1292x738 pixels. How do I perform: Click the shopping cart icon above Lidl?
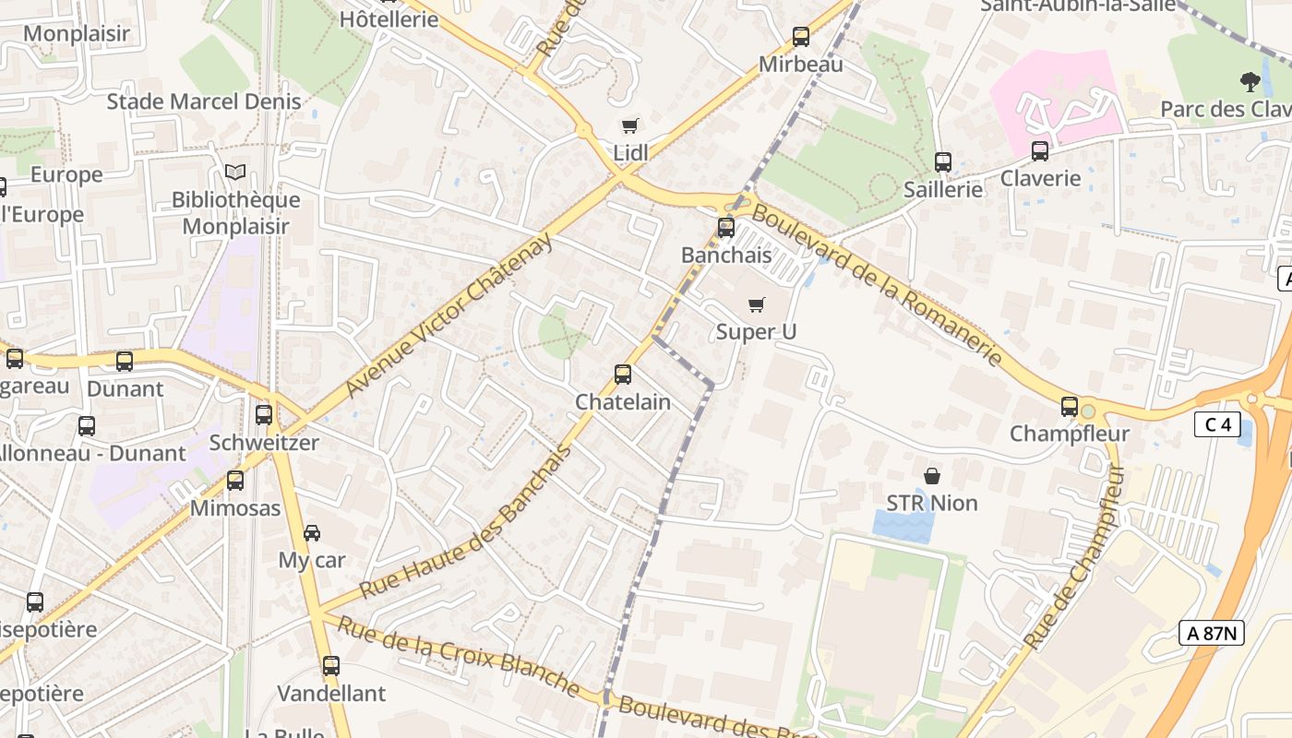pos(629,125)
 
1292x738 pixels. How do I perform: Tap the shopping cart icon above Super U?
pos(757,304)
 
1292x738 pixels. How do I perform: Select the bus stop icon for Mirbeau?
pos(801,37)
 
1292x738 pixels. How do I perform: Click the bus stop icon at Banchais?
pos(726,227)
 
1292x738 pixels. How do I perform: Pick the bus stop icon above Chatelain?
pos(623,374)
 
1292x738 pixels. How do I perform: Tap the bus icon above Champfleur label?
pos(1069,406)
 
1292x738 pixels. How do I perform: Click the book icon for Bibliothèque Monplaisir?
pos(235,173)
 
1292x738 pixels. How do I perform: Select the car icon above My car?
pos(312,532)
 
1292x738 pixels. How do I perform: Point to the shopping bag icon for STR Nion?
pos(932,476)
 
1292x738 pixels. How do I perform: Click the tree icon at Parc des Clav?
pos(1250,81)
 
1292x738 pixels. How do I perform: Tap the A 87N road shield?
pos(1212,633)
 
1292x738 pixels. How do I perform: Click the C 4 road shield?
pos(1217,424)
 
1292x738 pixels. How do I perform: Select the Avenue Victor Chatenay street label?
pos(449,315)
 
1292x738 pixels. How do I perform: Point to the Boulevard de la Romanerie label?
pos(877,284)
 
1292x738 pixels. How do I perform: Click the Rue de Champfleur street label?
pos(1076,556)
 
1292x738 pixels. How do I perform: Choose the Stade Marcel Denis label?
pos(204,101)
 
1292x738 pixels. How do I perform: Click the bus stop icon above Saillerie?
pos(942,161)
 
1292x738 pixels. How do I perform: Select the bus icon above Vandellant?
pos(331,665)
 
